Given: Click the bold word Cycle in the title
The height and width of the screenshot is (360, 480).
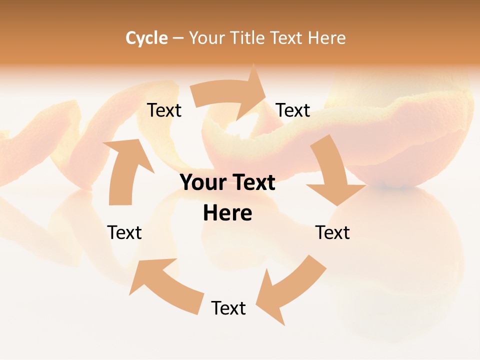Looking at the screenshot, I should coord(146,38).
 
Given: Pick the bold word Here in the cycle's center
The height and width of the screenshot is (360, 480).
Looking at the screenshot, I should coord(227,213).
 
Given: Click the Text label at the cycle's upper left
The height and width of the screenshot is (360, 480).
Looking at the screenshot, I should coord(164,110).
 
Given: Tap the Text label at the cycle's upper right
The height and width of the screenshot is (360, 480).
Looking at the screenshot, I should coord(293,110).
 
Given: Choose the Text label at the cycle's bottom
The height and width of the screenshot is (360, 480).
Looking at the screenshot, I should coord(228,308).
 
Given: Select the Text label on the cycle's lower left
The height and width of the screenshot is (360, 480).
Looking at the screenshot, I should coord(124,233).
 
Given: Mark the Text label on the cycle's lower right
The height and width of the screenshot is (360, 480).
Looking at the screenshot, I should coord(332,233).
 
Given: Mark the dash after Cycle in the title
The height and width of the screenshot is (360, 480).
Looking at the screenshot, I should coord(178,38).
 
